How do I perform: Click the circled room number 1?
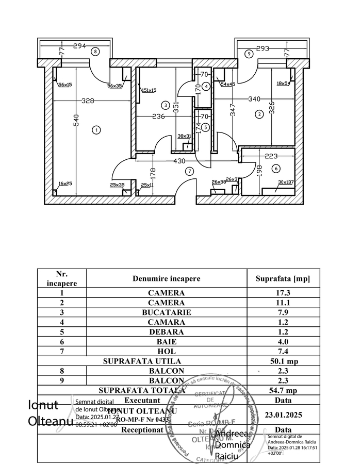pyautogui.click(x=96, y=130)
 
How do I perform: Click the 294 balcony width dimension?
pyautogui.click(x=79, y=46)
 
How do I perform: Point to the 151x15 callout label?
pyautogui.click(x=149, y=90)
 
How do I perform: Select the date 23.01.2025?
pyautogui.click(x=283, y=415)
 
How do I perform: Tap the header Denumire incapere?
pyautogui.click(x=167, y=278)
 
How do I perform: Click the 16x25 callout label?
pyautogui.click(x=65, y=184)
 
